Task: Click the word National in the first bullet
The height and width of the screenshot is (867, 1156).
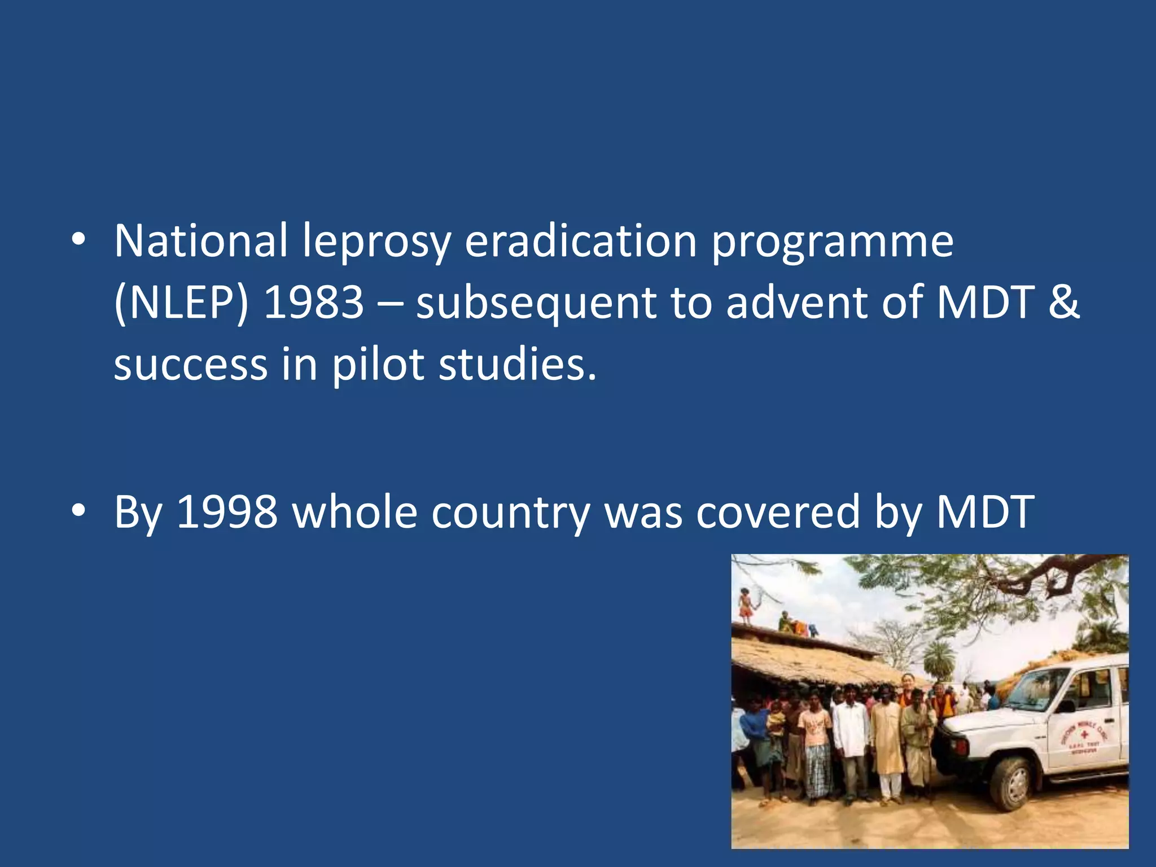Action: (200, 241)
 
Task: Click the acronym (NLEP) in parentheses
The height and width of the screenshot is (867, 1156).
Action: (181, 303)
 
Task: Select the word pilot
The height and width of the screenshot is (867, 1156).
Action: (378, 365)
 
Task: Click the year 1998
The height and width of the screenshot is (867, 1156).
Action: (227, 512)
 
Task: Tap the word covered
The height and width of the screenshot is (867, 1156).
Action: (777, 512)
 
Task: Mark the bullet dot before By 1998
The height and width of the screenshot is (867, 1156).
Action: (78, 510)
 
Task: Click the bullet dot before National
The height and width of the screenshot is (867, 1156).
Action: (78, 240)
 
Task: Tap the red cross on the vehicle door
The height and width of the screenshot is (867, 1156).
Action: (1084, 735)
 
